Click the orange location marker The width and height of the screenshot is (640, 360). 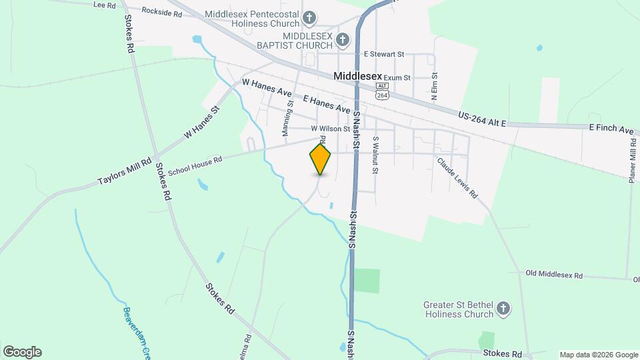[320, 159]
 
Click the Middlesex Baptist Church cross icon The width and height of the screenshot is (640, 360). [342, 40]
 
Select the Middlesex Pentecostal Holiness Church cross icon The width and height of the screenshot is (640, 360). [309, 17]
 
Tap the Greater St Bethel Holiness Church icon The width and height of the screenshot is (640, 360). [503, 309]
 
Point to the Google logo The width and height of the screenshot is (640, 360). [22, 352]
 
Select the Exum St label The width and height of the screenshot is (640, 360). [397, 78]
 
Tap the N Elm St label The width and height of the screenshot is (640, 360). [434, 87]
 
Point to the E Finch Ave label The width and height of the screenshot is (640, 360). [610, 128]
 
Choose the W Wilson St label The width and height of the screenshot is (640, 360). [330, 129]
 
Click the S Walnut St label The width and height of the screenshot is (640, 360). [375, 155]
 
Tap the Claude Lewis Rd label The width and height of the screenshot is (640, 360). [458, 178]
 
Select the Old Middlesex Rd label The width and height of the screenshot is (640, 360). [554, 275]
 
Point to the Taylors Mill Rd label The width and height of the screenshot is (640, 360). [125, 171]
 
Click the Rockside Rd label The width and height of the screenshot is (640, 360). [162, 13]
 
